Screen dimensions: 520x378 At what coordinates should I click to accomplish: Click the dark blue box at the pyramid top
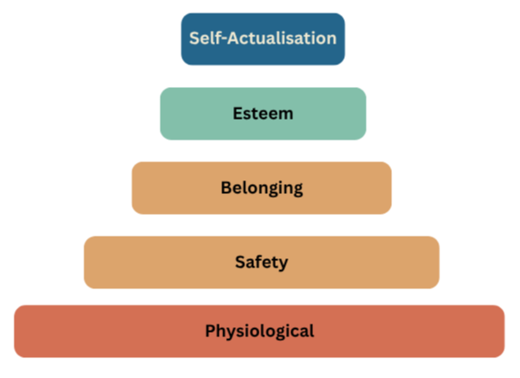click(x=262, y=39)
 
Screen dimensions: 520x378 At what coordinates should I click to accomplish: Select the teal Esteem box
click(x=263, y=113)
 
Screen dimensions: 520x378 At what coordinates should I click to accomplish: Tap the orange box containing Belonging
click(x=261, y=188)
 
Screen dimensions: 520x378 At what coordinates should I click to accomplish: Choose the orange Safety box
click(x=261, y=262)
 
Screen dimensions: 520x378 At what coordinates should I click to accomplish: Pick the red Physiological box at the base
click(x=260, y=331)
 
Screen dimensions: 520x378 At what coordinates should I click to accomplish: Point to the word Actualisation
click(x=282, y=38)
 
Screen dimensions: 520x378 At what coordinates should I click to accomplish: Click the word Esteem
click(x=263, y=113)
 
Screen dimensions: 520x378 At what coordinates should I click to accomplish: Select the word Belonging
click(x=262, y=189)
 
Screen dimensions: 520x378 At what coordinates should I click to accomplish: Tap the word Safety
click(x=261, y=262)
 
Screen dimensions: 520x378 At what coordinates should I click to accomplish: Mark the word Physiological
click(x=260, y=331)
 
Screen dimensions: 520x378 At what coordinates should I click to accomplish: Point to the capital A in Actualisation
click(x=233, y=38)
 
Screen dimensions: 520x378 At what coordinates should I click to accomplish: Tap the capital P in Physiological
click(x=211, y=330)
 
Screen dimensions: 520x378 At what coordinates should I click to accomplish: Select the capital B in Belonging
click(x=227, y=188)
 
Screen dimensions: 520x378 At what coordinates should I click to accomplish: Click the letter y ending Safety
click(x=282, y=265)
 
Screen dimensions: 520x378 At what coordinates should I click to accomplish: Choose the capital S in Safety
click(x=240, y=262)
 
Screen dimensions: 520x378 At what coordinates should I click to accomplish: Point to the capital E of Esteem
click(x=238, y=113)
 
